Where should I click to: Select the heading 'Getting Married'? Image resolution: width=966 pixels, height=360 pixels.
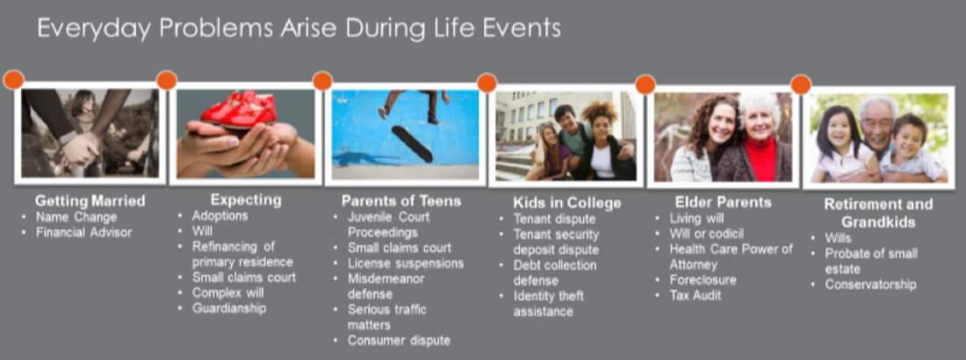(90, 200)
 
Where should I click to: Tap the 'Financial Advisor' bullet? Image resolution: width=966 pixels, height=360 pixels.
(83, 233)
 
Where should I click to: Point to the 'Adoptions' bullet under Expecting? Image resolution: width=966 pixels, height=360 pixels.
(220, 216)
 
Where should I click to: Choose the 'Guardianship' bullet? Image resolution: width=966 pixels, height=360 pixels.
(229, 308)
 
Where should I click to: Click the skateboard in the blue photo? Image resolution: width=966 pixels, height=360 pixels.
(412, 144)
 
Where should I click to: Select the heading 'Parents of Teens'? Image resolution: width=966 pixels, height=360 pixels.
(401, 201)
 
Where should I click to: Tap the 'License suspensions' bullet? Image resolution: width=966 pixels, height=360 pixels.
(406, 263)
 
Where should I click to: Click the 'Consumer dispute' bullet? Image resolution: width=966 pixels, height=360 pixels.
(400, 341)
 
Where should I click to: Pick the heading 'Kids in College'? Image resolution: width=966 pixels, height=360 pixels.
(566, 203)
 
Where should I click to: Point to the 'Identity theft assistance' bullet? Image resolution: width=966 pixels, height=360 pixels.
(549, 304)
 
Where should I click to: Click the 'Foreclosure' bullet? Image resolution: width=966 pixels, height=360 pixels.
(703, 280)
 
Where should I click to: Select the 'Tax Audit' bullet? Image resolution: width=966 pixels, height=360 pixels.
(696, 295)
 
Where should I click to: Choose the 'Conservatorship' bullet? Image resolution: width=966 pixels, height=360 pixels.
(870, 284)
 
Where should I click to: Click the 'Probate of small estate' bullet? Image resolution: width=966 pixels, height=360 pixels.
(871, 262)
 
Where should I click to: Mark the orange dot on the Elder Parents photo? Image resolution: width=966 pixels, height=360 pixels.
(645, 83)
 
